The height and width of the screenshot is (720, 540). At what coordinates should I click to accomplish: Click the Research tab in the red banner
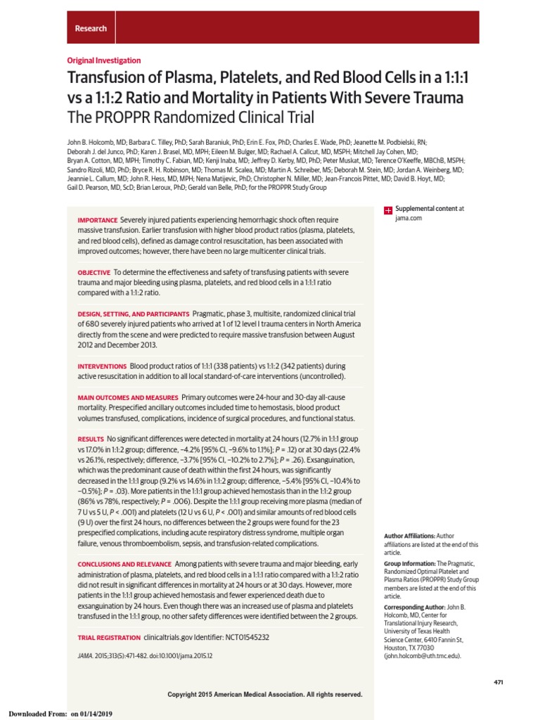click(91, 29)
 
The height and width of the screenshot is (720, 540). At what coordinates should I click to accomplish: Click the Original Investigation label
click(104, 60)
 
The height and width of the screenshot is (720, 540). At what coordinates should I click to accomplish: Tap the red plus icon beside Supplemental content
click(387, 210)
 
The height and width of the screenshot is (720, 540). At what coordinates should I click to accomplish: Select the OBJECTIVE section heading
click(94, 272)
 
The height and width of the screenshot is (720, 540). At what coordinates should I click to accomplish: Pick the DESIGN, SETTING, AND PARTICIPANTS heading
click(133, 314)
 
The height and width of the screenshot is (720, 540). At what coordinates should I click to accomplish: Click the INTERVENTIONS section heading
click(101, 366)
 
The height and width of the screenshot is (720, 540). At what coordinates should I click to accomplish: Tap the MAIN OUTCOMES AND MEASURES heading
click(128, 397)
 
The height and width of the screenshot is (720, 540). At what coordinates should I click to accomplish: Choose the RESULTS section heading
click(90, 439)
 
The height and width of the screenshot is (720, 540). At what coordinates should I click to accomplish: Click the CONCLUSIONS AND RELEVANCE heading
click(124, 564)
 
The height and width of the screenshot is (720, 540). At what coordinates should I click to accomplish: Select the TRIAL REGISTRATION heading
click(108, 637)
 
